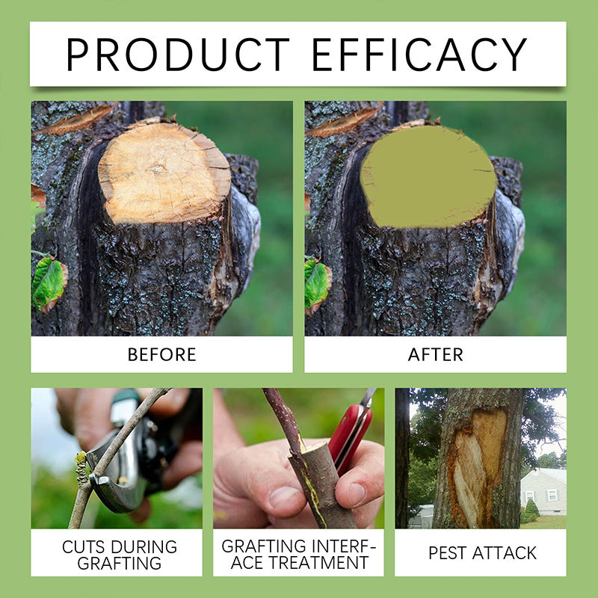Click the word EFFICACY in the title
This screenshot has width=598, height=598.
click(x=419, y=54)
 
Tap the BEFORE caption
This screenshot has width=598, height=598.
click(x=161, y=354)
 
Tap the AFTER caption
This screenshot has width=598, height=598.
click(x=435, y=354)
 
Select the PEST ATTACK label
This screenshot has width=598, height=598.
click(x=482, y=553)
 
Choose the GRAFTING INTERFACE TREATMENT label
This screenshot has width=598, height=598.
click(x=298, y=554)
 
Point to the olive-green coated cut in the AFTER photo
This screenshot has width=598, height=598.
click(x=428, y=176)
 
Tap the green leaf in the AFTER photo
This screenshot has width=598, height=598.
click(x=317, y=284)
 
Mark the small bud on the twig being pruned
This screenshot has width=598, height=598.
click(x=81, y=467)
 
